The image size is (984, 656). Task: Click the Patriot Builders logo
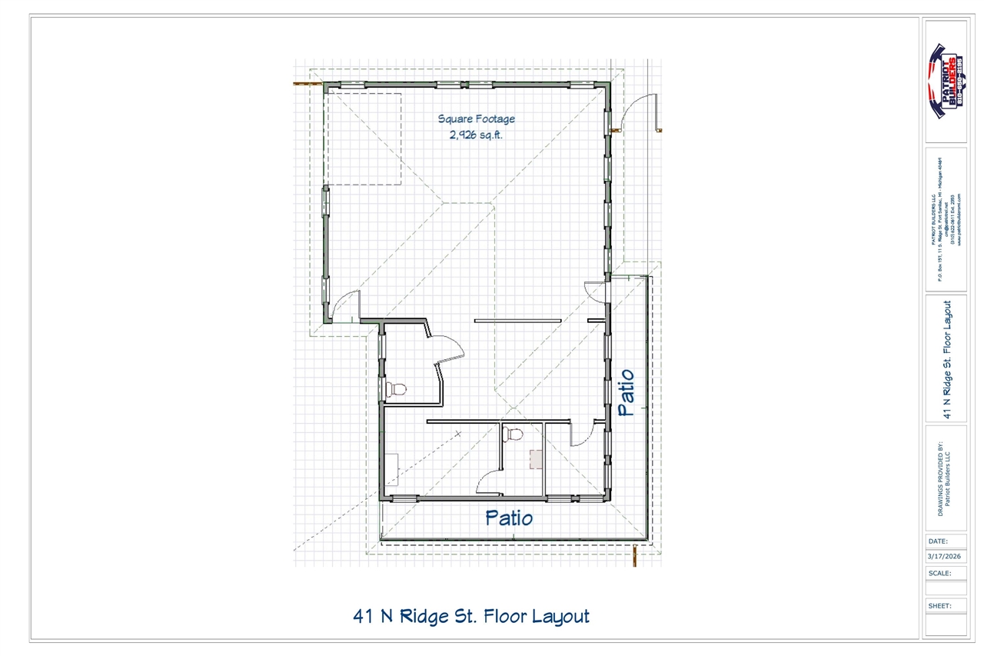946,81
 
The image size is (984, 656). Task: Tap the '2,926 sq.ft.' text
476,135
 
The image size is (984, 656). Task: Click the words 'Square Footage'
476,119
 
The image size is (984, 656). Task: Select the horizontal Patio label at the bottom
509,518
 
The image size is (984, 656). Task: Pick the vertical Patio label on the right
626,393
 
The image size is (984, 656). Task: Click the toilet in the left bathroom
395,389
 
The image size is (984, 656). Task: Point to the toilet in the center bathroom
513,435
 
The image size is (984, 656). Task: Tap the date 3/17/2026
946,556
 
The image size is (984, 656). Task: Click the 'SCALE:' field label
939,573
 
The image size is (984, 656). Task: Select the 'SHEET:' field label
939,605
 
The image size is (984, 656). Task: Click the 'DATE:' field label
938,541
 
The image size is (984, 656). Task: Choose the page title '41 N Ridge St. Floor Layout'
471,616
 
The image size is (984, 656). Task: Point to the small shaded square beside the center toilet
535,459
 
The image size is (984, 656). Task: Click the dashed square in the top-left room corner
363,138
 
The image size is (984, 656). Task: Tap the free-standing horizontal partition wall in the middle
516,320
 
